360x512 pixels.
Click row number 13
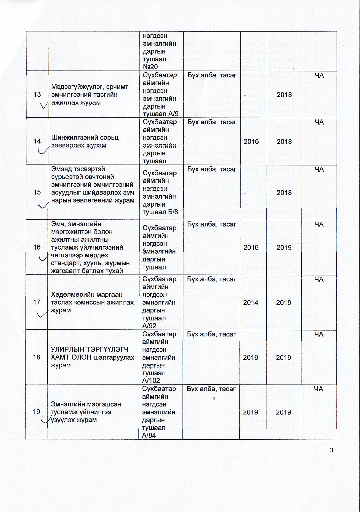point(37,95)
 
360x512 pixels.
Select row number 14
point(37,141)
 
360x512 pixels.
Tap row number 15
point(37,192)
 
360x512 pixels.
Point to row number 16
point(37,247)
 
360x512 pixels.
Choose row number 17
point(37,302)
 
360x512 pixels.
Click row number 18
point(36,357)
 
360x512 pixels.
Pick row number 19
point(36,412)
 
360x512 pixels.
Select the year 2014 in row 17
point(251,302)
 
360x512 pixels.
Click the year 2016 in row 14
point(251,141)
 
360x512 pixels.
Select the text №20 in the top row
point(151,67)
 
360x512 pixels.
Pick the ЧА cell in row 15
point(319,169)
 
